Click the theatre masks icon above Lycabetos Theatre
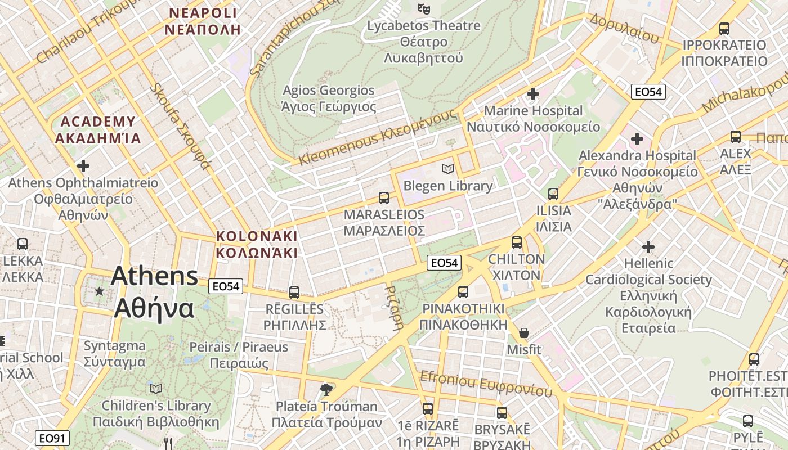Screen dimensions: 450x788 click(x=423, y=8)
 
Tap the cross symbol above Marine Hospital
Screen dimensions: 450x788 click(x=533, y=93)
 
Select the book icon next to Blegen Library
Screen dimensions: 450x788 click(x=448, y=169)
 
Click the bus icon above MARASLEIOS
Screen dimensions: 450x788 click(x=384, y=197)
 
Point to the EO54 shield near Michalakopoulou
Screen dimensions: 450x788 click(x=648, y=92)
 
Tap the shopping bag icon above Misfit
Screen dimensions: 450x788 click(x=524, y=333)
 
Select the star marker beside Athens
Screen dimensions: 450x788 click(x=100, y=291)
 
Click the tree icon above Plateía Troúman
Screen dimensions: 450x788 click(x=326, y=389)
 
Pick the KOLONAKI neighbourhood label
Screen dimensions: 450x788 click(x=257, y=244)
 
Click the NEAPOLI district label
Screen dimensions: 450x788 click(x=203, y=21)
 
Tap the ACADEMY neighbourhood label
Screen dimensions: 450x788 click(x=98, y=129)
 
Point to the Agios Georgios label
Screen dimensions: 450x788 click(x=328, y=98)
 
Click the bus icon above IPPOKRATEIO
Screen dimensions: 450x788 click(x=724, y=28)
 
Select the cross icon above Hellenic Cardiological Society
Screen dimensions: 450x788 click(x=648, y=246)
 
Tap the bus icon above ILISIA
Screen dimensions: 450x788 click(x=553, y=194)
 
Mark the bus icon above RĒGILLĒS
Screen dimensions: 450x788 click(x=294, y=292)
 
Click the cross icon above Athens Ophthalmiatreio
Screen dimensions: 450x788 click(x=83, y=166)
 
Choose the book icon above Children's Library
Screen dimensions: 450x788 click(x=156, y=389)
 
